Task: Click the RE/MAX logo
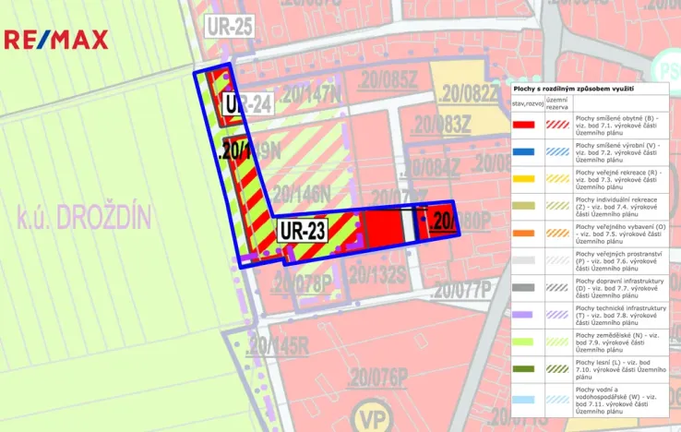[x=56, y=40]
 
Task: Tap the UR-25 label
[x=230, y=26]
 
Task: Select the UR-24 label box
[x=248, y=104]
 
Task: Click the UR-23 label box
[x=303, y=229]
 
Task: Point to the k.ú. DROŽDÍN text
[x=84, y=219]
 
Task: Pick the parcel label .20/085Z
[x=388, y=80]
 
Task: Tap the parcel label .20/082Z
[x=469, y=92]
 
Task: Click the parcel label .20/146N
[x=300, y=194]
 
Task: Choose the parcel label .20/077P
[x=461, y=290]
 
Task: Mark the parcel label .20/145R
[x=278, y=346]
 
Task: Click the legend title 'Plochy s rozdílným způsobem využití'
[x=572, y=88]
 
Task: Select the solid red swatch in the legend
[x=525, y=124]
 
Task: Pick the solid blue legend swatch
[x=525, y=150]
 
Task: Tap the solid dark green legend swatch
[x=525, y=368]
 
